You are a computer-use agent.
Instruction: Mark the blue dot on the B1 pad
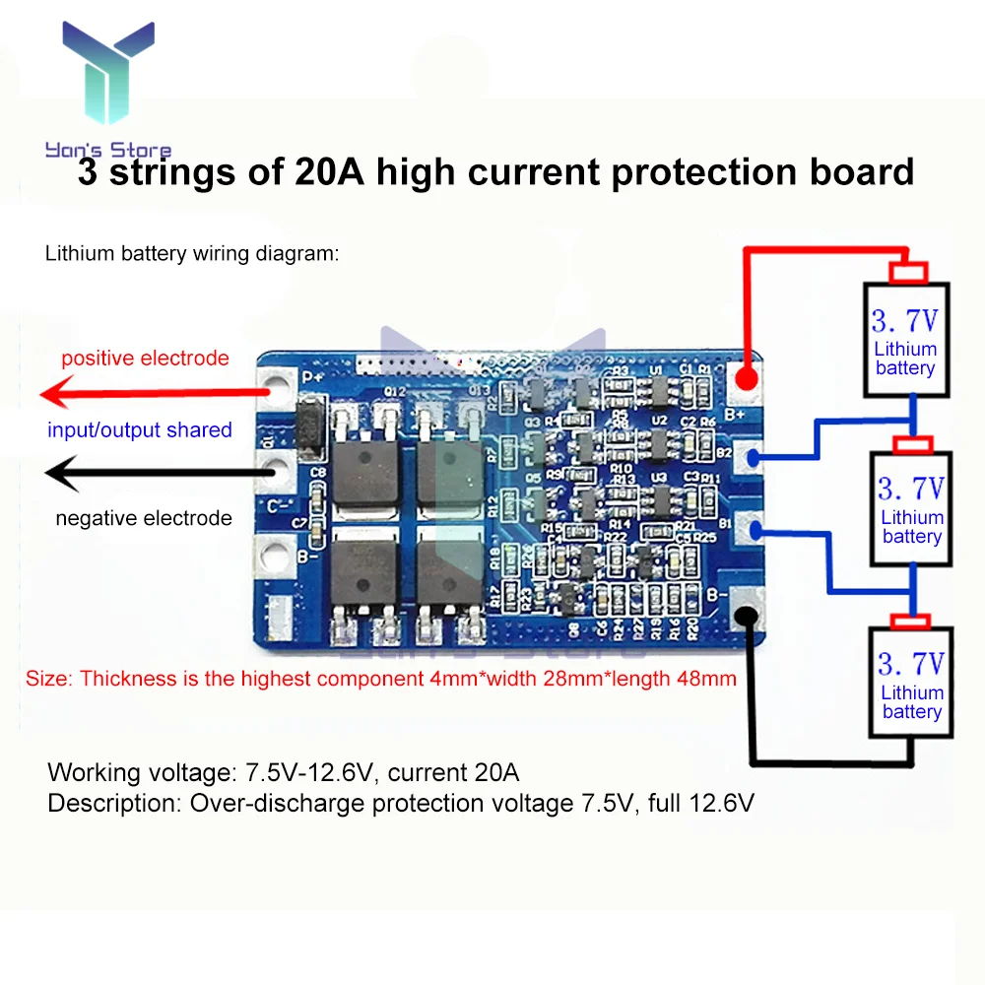click(x=755, y=532)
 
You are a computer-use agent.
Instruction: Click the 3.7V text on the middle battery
click(x=911, y=488)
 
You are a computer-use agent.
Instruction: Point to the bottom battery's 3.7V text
click(x=911, y=662)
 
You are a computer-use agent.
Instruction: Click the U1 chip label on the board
click(x=658, y=371)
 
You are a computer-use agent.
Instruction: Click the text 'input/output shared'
click(x=140, y=430)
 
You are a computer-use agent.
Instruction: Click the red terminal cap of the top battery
click(x=908, y=272)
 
